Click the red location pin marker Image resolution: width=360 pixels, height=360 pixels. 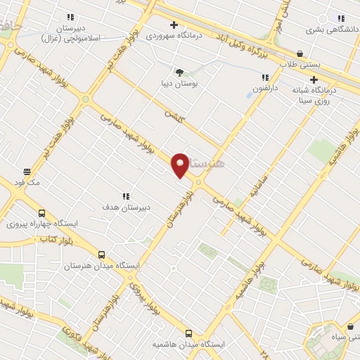(x=181, y=165)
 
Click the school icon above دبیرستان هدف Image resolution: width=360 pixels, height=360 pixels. (x=127, y=196)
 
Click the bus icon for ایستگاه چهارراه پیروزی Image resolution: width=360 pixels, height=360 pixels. (x=41, y=214)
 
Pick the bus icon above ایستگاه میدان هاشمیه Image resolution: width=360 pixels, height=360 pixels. (x=188, y=333)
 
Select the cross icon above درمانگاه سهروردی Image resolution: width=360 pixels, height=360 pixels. (x=174, y=25)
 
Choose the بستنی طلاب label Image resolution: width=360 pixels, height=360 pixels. (x=300, y=64)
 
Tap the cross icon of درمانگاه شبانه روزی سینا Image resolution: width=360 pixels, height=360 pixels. (x=314, y=79)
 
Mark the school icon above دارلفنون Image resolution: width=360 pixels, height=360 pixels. (x=265, y=77)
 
